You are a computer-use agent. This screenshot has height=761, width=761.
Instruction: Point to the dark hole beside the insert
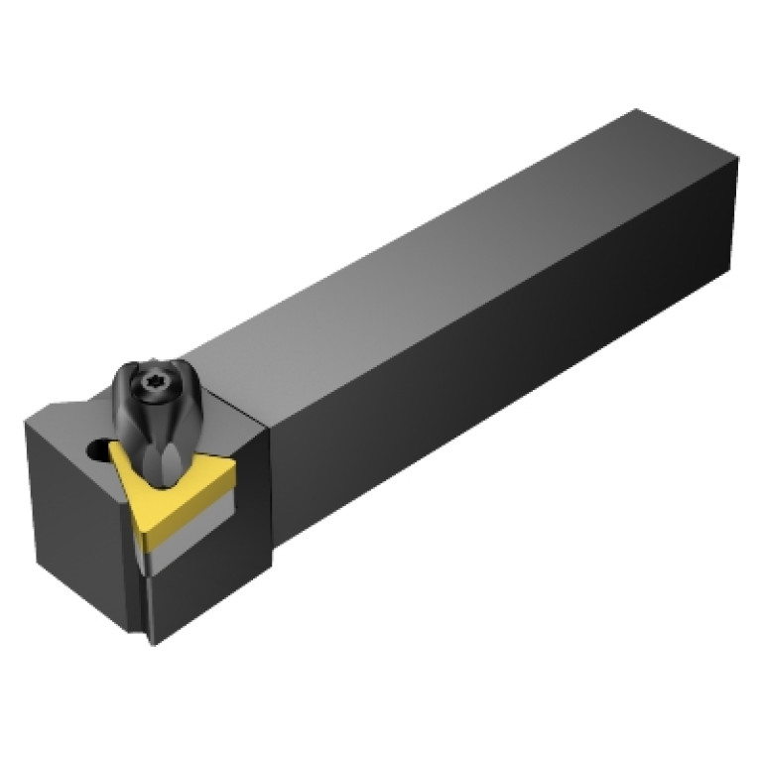tap(96, 451)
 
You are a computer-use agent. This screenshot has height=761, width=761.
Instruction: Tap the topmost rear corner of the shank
tap(635, 111)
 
